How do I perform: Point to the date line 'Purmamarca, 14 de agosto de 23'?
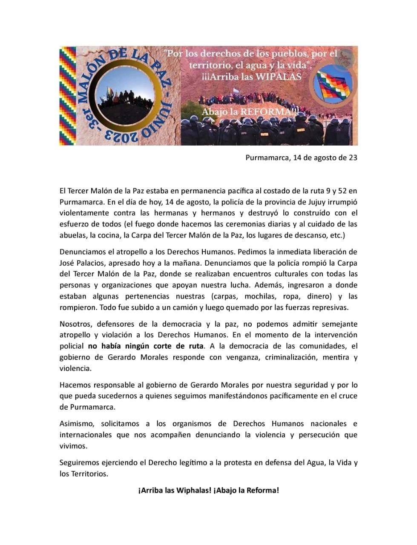pyautogui.click(x=301, y=158)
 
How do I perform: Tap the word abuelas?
pyautogui.click(x=73, y=235)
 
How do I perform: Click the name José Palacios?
pyautogui.click(x=81, y=263)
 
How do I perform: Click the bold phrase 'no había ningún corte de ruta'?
pyautogui.click(x=146, y=346)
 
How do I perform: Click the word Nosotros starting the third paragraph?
pyautogui.click(x=75, y=324)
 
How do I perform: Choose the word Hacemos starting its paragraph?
pyautogui.click(x=75, y=385)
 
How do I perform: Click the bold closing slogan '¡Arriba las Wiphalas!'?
pyautogui.click(x=175, y=490)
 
